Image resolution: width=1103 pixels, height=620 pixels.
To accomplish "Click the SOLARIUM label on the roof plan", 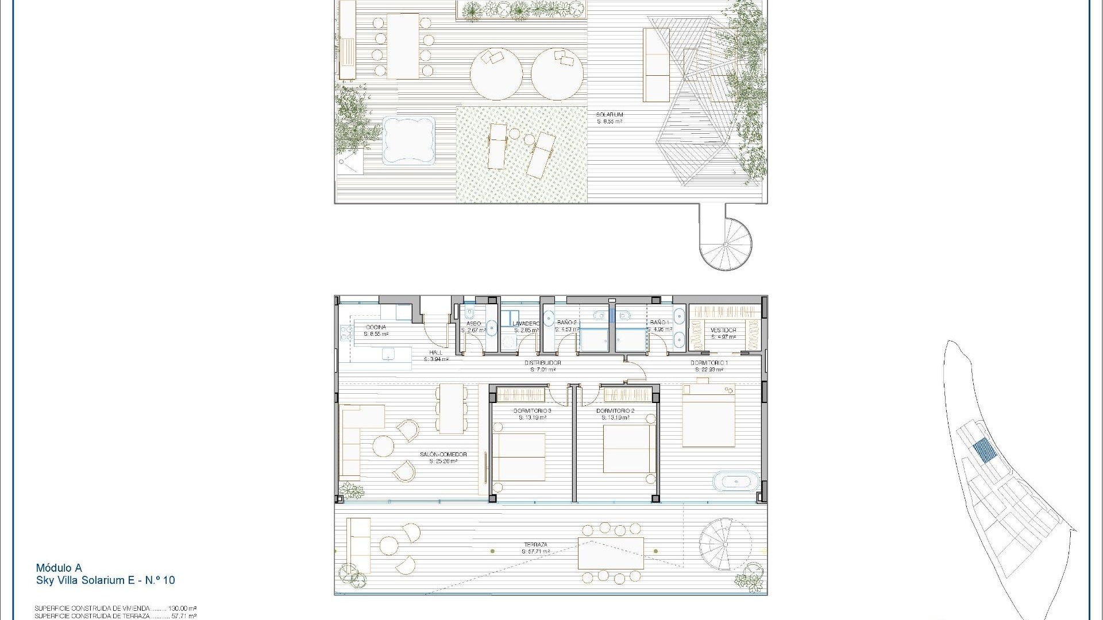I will coord(610,115).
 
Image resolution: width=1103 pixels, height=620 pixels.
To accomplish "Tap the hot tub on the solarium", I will coord(408,141).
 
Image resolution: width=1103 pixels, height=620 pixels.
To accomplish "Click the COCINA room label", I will coord(376,327).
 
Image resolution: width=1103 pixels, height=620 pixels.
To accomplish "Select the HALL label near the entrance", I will coord(436,352).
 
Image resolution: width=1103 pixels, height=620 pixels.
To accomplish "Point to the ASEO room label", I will coord(473,324).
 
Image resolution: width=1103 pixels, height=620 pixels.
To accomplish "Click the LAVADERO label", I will coord(526,324).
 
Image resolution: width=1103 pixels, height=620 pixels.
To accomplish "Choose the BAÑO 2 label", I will coord(566,323).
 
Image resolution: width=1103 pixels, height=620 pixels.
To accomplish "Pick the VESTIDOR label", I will coord(723,330).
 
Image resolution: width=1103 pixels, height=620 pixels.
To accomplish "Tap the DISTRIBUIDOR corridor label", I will coord(542,363).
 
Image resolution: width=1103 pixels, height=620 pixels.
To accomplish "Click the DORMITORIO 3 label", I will coord(533,411).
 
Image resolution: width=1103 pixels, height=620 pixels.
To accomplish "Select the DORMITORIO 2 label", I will coord(615,411).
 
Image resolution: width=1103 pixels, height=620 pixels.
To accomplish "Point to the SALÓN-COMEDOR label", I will coord(443,455).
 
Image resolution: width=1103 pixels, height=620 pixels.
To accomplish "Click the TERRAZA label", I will coord(535,545).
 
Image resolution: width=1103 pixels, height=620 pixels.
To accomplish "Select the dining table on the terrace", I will coord(611,553).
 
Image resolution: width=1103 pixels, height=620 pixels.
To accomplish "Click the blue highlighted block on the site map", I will coord(983,451).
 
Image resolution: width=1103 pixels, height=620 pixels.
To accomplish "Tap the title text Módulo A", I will coord(59,568).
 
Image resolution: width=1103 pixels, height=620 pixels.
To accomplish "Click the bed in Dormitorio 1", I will coord(708,416).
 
